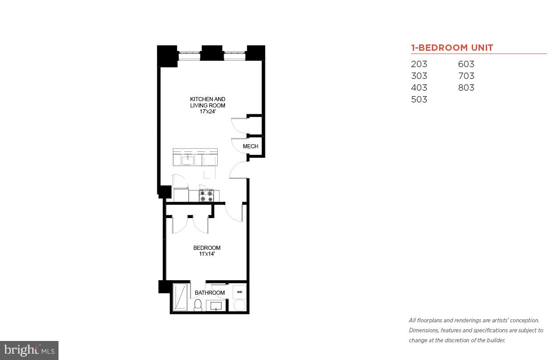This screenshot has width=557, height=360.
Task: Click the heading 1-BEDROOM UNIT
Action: [452, 48]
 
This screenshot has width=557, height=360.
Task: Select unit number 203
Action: [419, 64]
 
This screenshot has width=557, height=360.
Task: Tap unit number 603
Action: [466, 64]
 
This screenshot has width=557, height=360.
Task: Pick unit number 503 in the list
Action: [419, 100]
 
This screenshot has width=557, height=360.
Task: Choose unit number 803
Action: [466, 88]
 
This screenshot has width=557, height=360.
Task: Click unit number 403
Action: [419, 88]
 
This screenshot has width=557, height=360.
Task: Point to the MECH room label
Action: [250, 146]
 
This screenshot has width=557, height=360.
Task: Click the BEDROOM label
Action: [207, 248]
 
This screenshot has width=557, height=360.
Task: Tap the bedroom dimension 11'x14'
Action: [207, 254]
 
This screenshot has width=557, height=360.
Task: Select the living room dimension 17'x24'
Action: [207, 112]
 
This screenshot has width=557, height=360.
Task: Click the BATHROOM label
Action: [210, 293]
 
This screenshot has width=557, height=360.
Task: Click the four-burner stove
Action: [206, 195]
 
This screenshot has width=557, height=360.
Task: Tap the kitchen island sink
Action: [187, 160]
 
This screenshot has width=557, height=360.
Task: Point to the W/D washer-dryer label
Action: [239, 292]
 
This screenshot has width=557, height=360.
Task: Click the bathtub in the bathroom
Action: [180, 297]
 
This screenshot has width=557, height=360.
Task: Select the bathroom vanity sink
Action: [216, 306]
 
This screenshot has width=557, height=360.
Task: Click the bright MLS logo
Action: [29, 350]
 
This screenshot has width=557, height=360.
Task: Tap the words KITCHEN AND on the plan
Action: [207, 99]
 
